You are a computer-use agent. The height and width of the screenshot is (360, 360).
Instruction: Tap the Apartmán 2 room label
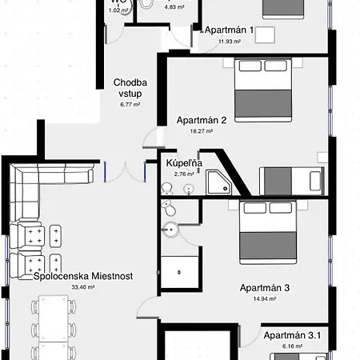click(x=202, y=121)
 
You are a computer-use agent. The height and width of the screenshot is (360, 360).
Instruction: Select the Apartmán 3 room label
click(x=264, y=288)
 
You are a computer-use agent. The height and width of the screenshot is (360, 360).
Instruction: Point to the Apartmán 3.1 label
click(x=291, y=335)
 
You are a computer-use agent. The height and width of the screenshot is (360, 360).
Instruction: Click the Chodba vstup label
click(x=130, y=87)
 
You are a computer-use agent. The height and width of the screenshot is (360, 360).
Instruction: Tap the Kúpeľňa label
click(x=184, y=163)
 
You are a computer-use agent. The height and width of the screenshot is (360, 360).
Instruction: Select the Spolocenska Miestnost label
click(x=84, y=276)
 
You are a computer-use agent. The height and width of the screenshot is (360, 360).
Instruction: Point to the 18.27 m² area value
click(x=202, y=131)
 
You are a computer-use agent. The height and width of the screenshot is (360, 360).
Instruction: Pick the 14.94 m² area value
click(x=264, y=298)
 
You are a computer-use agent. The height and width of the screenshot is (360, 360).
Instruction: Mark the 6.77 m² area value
click(x=130, y=104)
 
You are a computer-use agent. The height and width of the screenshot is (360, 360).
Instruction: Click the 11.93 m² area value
click(x=230, y=41)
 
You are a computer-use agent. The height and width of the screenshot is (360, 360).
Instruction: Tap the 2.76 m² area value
click(x=184, y=174)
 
